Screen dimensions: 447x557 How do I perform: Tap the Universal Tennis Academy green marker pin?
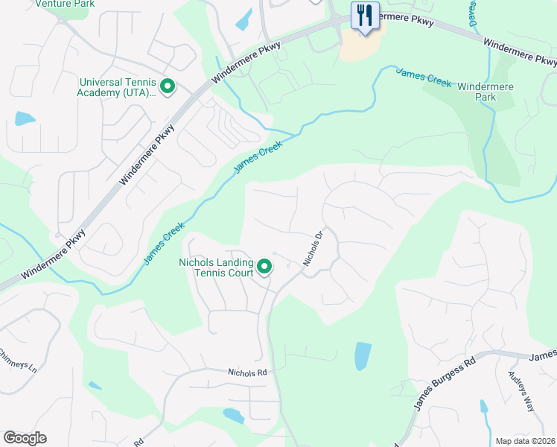168,87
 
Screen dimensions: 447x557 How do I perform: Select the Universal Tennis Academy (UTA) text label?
117,87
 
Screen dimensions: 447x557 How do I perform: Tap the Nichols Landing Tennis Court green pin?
264,266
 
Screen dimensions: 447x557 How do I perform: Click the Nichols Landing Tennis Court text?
215,267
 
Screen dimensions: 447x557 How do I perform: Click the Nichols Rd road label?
246,372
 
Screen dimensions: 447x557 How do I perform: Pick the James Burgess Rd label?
445,384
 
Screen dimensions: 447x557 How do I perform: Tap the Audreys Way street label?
521,390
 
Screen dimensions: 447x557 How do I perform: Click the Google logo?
25,438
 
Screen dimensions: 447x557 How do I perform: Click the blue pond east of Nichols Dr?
362,356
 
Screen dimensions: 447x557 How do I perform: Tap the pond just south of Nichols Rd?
233,416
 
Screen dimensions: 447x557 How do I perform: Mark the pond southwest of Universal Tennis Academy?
25,118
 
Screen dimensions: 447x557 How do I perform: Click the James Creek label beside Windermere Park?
423,77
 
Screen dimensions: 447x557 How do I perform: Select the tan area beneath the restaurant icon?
358,47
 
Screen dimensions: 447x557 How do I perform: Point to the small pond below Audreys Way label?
484,407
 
